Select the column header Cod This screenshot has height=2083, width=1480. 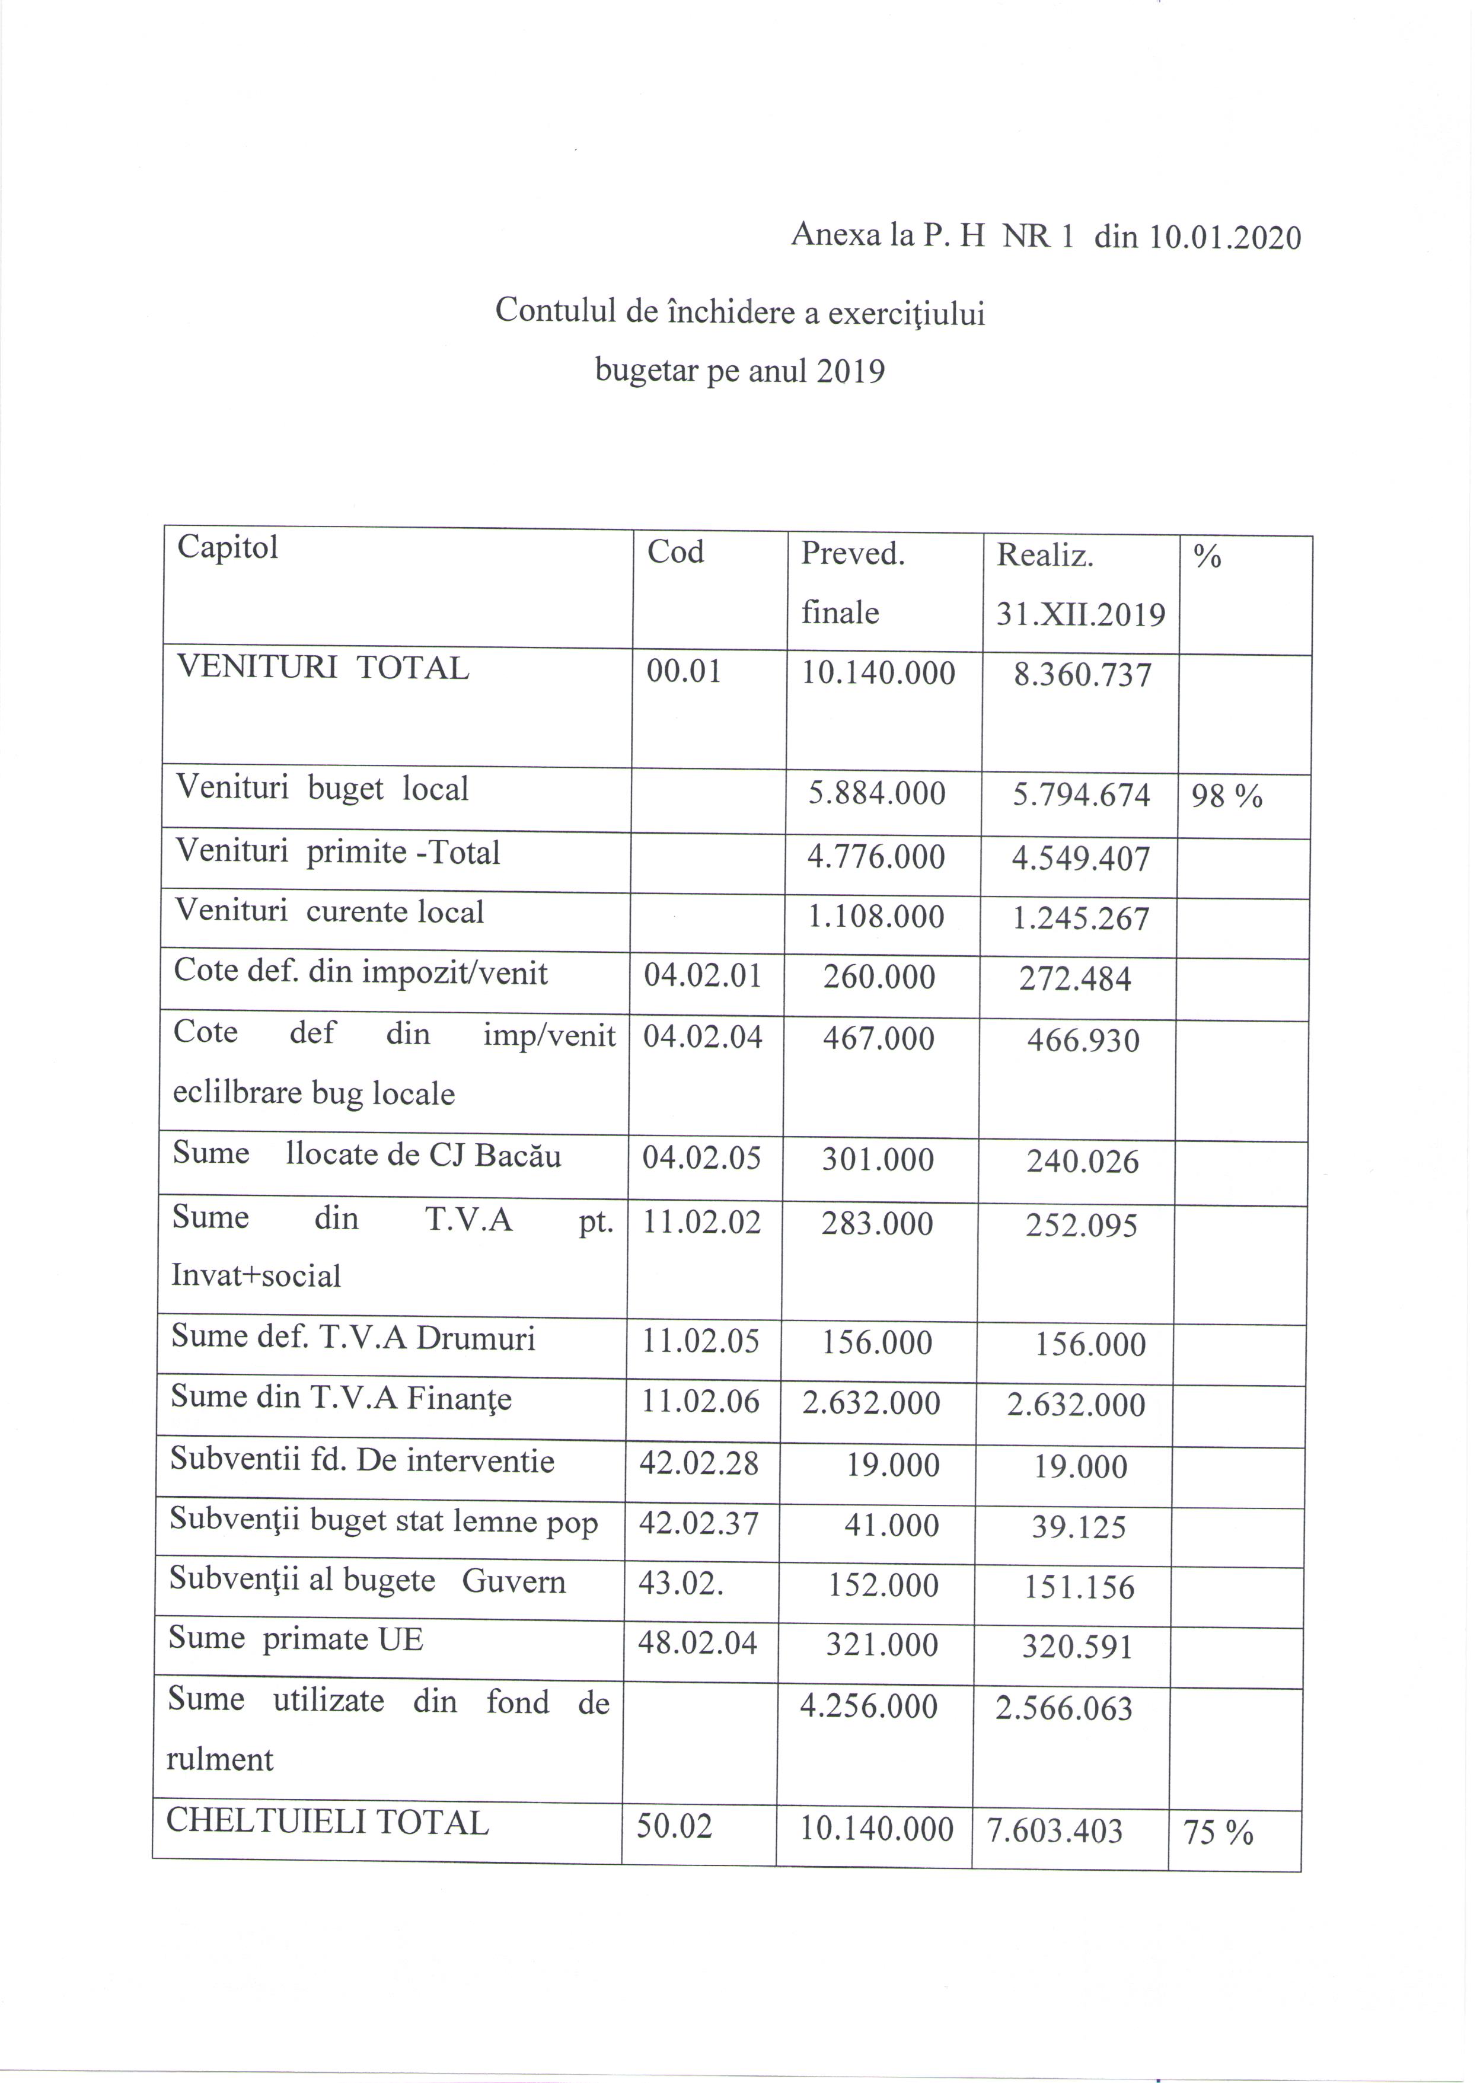pyautogui.click(x=675, y=552)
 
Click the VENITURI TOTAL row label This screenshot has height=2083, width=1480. pyautogui.click(x=323, y=668)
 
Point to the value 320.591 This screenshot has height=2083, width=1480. pyautogui.click(x=1077, y=1647)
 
